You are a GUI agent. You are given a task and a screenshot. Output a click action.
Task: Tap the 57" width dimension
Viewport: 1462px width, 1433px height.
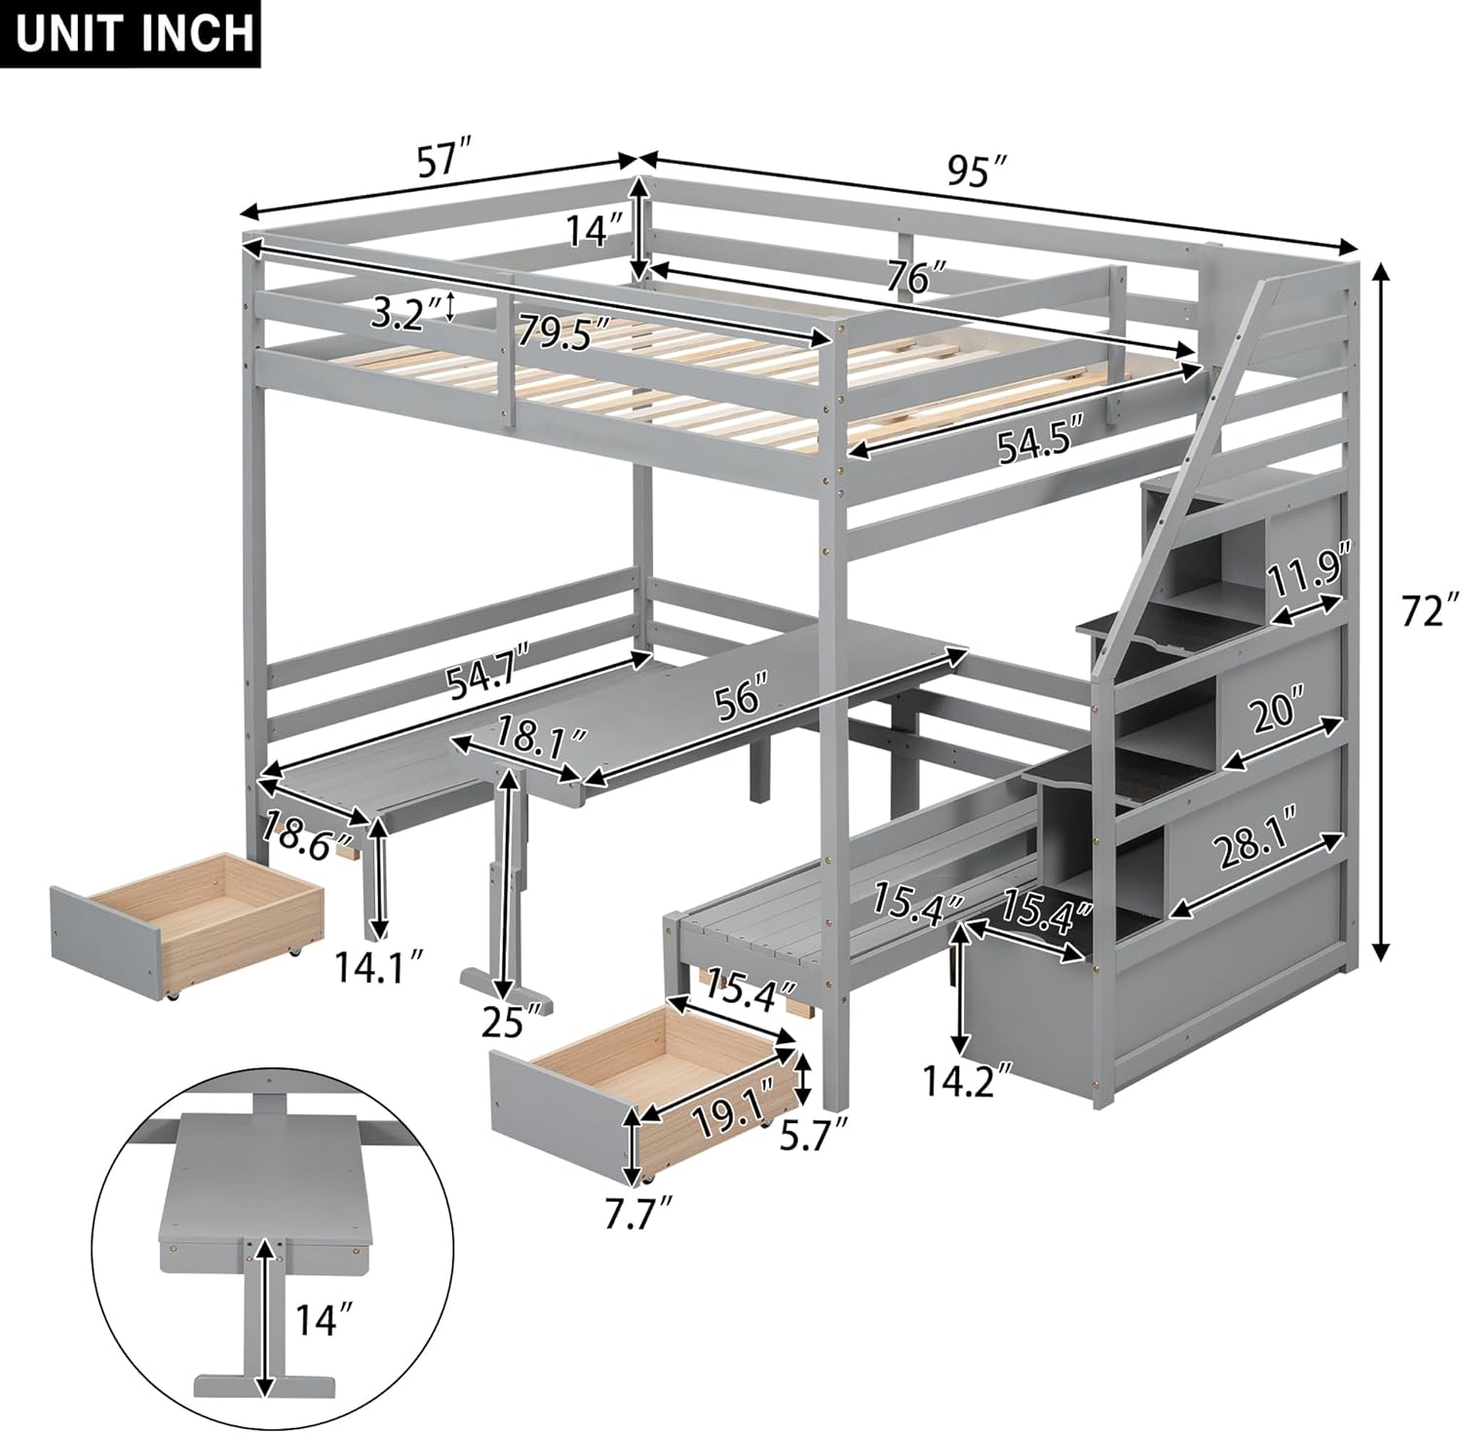[443, 160]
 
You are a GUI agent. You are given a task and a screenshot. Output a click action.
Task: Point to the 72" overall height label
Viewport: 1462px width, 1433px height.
[1422, 612]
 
